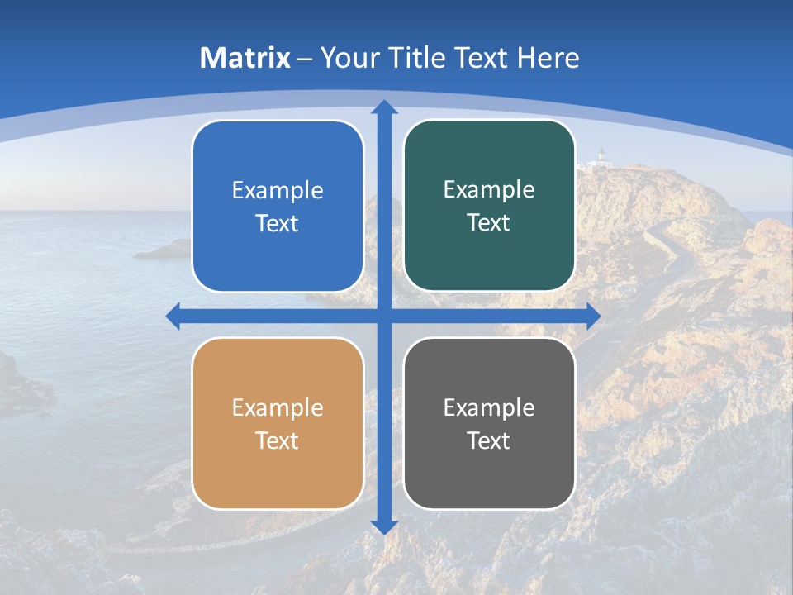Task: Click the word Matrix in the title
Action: pyautogui.click(x=245, y=58)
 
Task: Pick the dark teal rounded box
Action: pyautogui.click(x=489, y=256)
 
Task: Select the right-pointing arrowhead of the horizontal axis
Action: pyautogui.click(x=593, y=317)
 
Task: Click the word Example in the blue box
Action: pyautogui.click(x=278, y=191)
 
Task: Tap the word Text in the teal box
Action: pyautogui.click(x=489, y=223)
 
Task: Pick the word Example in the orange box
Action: pyautogui.click(x=278, y=408)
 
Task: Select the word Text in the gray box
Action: pyautogui.click(x=489, y=440)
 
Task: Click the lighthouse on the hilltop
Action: pyautogui.click(x=602, y=156)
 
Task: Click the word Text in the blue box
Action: pyautogui.click(x=278, y=224)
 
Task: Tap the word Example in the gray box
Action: pyautogui.click(x=489, y=408)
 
